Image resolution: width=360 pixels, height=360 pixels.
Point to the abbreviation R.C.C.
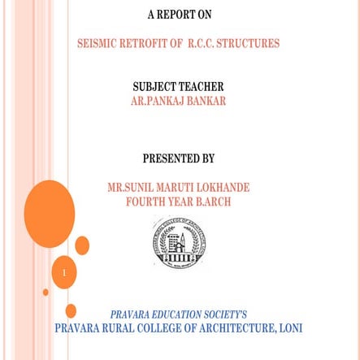pos(202,44)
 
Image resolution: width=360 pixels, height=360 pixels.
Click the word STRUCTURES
pos(249,44)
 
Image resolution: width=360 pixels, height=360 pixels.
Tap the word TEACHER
pos(202,87)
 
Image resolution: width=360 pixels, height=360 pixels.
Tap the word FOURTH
pos(146,202)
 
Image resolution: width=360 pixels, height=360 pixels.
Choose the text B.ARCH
pos(213,202)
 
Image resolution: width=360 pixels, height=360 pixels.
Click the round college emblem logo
pos(179,243)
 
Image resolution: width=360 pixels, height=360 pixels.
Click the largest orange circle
pos(50,213)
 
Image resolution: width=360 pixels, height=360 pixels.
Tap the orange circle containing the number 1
pos(64,272)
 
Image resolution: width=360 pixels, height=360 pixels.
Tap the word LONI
pos(290,328)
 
